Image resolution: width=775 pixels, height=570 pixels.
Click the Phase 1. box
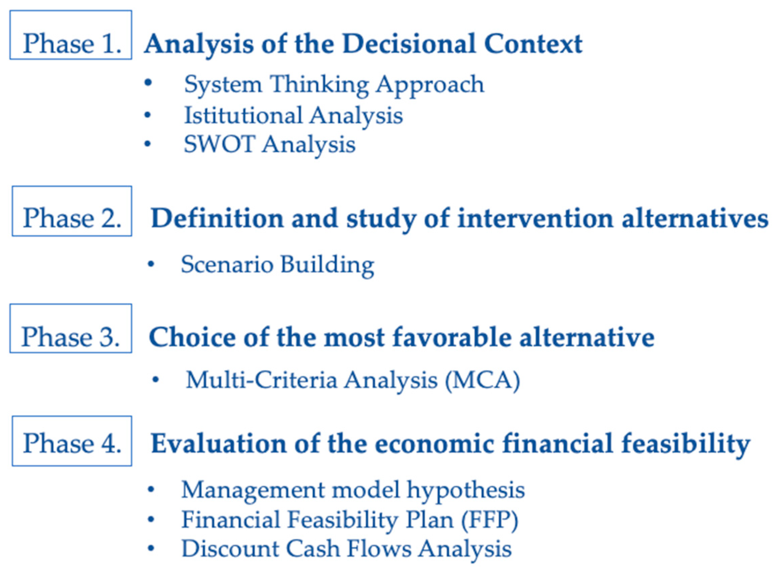(71, 35)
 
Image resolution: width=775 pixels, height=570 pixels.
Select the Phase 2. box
(72, 211)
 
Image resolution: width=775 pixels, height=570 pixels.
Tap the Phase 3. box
(71, 328)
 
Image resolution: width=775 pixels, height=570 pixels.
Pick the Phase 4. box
(72, 441)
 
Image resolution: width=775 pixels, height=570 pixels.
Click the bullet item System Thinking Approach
(334, 85)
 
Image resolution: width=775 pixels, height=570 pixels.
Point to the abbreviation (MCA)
(482, 380)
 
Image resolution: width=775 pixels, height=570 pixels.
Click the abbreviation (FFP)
(490, 520)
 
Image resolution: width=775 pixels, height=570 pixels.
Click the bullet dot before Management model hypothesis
(151, 489)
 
